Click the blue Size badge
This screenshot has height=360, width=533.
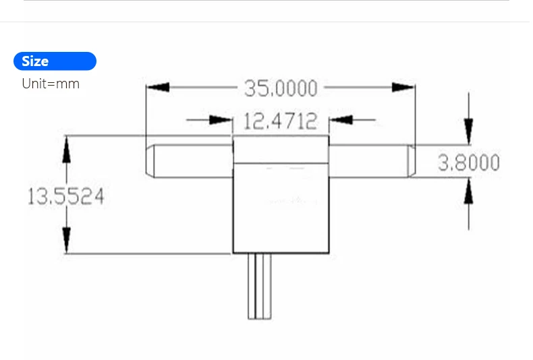(x=55, y=61)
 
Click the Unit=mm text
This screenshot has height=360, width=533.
(x=51, y=84)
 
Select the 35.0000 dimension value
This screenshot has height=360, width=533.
(x=281, y=88)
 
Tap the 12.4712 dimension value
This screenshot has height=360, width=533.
(x=280, y=121)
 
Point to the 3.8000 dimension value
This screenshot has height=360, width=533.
(x=469, y=162)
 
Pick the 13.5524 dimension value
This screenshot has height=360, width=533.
(x=65, y=197)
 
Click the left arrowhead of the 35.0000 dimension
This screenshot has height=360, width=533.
(x=157, y=88)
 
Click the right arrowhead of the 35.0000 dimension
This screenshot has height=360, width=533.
(x=404, y=88)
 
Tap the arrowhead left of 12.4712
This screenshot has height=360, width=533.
(x=221, y=121)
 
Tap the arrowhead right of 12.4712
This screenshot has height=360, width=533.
(x=341, y=121)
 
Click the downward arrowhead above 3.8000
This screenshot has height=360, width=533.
(x=469, y=129)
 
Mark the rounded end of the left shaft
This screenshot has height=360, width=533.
(x=150, y=161)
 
